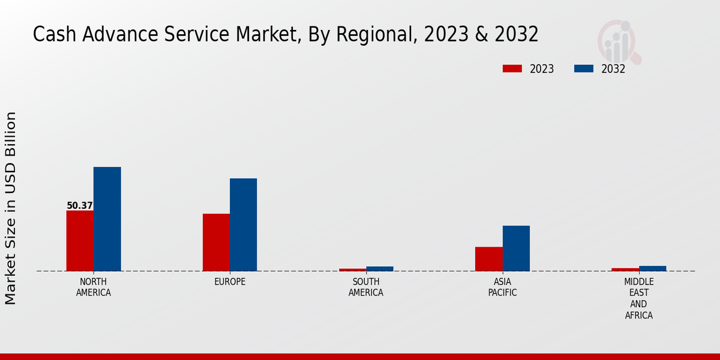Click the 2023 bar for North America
[80, 241]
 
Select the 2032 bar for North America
[107, 219]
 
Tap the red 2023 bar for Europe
[216, 242]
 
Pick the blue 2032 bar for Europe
[243, 224]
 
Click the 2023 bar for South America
[352, 269]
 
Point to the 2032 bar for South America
[379, 269]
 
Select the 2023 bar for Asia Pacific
[488, 259]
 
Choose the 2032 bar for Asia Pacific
[516, 248]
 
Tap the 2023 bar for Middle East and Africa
[625, 269]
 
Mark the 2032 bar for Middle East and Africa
[652, 268]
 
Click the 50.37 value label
[80, 206]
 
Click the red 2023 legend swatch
[512, 69]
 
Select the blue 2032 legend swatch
[584, 69]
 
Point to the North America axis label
[94, 287]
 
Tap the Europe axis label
[230, 282]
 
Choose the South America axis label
[366, 287]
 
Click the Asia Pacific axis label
[502, 287]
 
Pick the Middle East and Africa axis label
[638, 298]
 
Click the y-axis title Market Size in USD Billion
[11, 208]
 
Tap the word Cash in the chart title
[52, 35]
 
